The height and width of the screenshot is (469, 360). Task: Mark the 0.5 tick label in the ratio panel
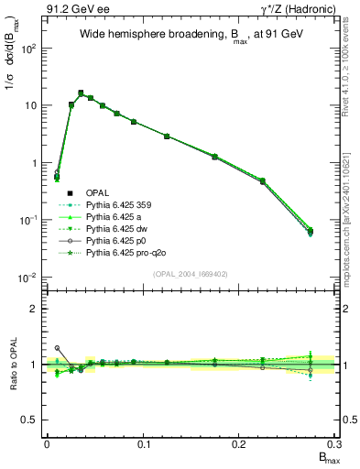[x=30, y=420]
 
